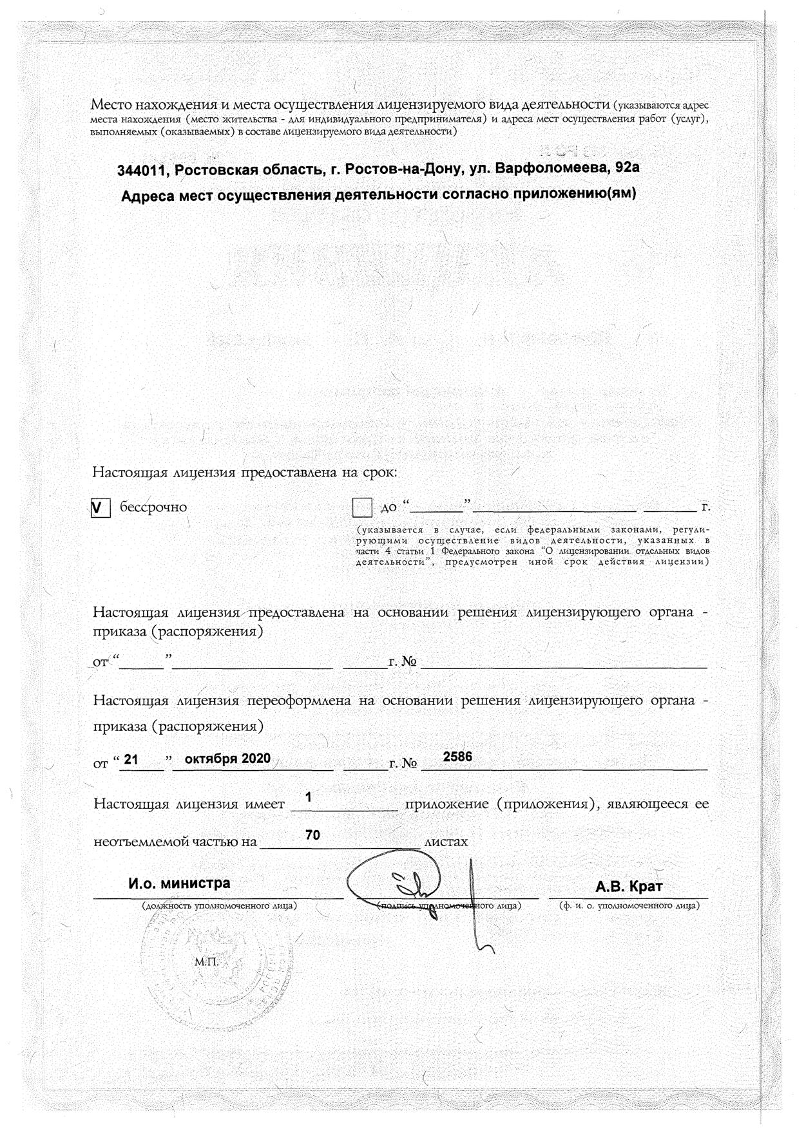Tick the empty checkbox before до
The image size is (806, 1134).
pyautogui.click(x=362, y=508)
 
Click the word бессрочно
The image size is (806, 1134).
pyautogui.click(x=153, y=507)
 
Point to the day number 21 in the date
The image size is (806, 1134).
pyautogui.click(x=131, y=760)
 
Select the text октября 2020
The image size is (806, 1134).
pyautogui.click(x=227, y=759)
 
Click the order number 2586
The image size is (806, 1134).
pyautogui.click(x=457, y=757)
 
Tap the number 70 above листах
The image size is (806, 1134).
pyautogui.click(x=312, y=835)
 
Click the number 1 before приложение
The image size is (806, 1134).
pyautogui.click(x=309, y=797)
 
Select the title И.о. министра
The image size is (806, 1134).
pyautogui.click(x=179, y=883)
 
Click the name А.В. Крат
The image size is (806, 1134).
pyautogui.click(x=629, y=887)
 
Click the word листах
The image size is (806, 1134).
pyautogui.click(x=445, y=842)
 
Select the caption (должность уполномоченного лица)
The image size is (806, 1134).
pyautogui.click(x=219, y=906)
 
